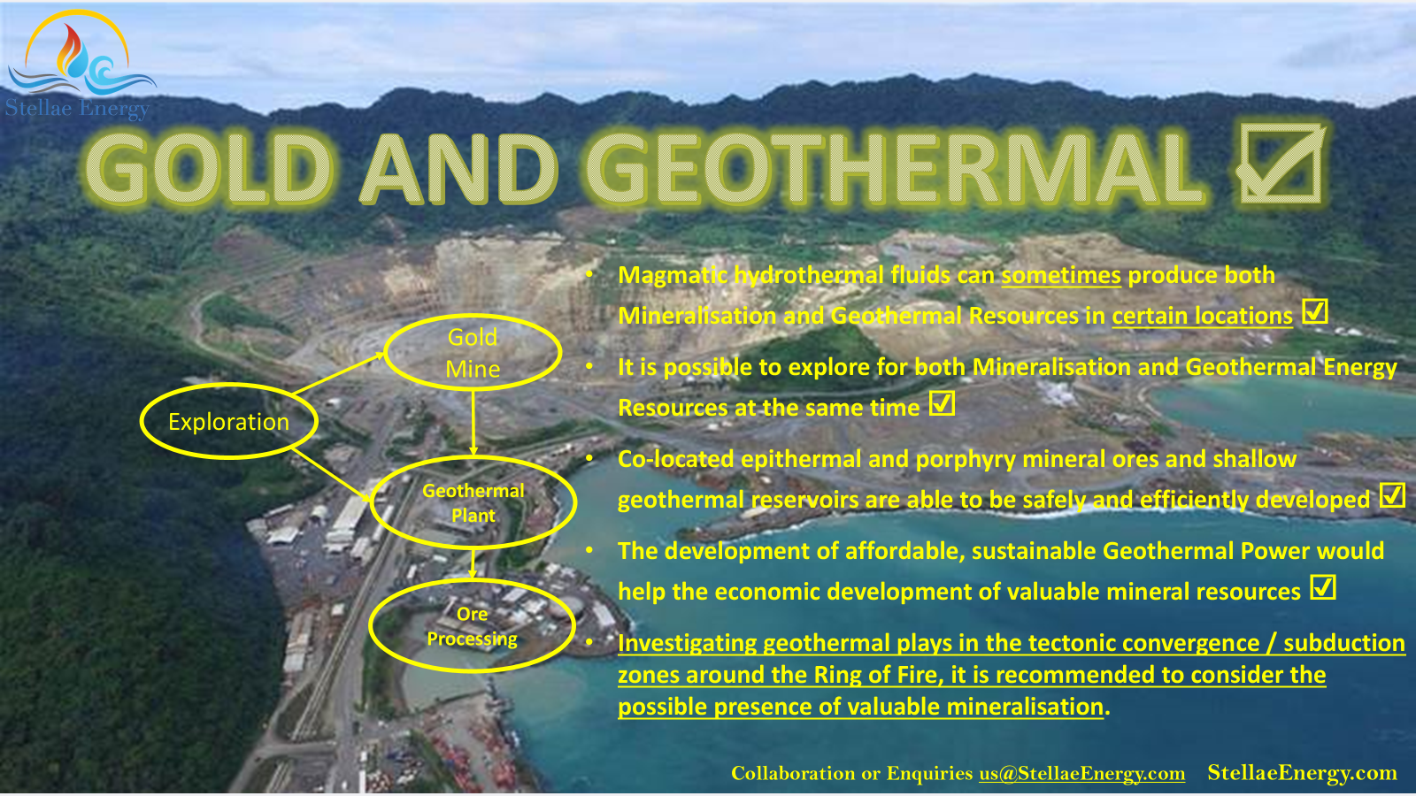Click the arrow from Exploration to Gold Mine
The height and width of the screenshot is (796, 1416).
(339, 373)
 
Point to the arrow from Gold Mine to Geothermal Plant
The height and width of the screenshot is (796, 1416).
(473, 423)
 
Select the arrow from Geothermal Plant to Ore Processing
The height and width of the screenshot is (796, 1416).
(473, 563)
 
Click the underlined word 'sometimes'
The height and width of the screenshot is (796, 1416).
(1061, 275)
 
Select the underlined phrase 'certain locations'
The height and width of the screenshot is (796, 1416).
(1203, 316)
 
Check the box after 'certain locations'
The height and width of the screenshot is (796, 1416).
(1315, 312)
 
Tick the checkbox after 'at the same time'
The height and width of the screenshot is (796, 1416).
(942, 403)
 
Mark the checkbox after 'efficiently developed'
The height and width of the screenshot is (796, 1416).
(1392, 496)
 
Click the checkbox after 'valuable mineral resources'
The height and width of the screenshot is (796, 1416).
(1323, 587)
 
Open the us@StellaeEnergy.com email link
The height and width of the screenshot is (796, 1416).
(1082, 773)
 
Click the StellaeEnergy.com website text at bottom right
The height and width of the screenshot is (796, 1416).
(1302, 773)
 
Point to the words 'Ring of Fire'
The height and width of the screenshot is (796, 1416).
(875, 675)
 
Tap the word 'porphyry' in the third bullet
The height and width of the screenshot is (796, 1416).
(966, 460)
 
